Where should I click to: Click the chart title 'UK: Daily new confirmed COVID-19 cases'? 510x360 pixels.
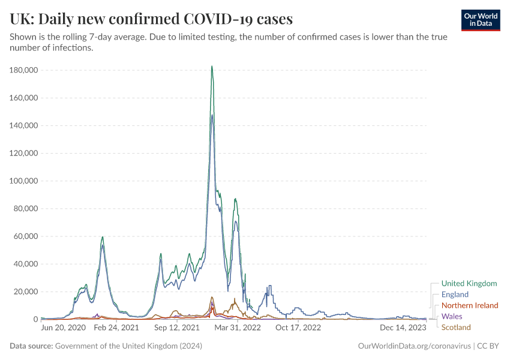click(151, 19)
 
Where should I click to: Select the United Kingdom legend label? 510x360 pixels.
click(469, 283)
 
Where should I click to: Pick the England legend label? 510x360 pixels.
click(455, 295)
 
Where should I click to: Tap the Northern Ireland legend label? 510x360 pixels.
click(470, 305)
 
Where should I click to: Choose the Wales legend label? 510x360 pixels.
click(452, 316)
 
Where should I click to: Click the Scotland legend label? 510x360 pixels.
click(456, 328)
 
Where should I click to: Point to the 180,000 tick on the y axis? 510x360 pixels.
click(24, 70)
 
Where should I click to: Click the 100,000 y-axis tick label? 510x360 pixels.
click(24, 181)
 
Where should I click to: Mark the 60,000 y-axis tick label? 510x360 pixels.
click(26, 236)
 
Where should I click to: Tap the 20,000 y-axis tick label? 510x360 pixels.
click(26, 292)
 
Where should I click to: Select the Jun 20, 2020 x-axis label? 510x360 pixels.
click(63, 328)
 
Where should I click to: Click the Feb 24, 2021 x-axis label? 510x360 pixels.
click(116, 328)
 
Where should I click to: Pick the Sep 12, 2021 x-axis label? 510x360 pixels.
click(176, 328)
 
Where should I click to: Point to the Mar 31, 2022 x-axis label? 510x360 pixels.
click(238, 328)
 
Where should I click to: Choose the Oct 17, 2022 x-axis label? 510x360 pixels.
click(298, 328)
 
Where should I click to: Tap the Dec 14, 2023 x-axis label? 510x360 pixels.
click(404, 328)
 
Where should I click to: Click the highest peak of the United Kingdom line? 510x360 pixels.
click(212, 67)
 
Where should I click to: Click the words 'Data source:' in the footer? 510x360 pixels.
click(31, 346)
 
